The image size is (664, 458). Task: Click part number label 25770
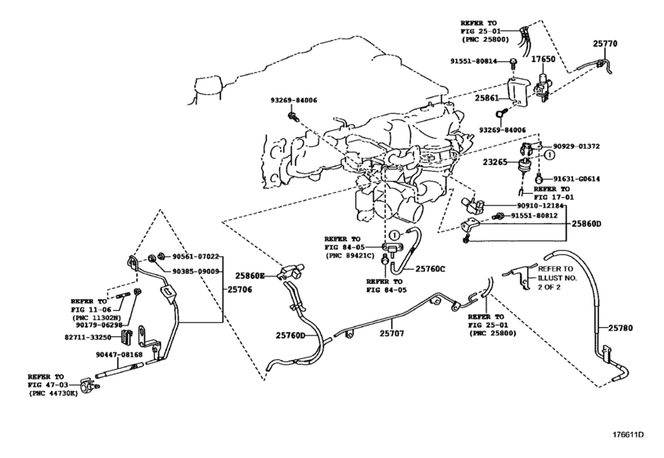coord(605,43)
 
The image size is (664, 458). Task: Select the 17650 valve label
coord(543,59)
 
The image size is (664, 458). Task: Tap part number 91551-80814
coord(473,61)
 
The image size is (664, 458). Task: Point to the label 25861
coord(486,98)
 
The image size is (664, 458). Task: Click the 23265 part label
coord(495,162)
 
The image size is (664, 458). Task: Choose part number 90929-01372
coord(576,146)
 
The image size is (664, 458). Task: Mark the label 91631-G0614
coord(576,179)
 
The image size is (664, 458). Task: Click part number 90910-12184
coord(540,205)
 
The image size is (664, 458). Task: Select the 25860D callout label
coord(586,223)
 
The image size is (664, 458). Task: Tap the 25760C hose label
coord(430,268)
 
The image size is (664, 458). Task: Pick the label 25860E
coord(250,276)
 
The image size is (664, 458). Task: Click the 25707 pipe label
coord(391,333)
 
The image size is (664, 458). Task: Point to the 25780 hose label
coord(621,328)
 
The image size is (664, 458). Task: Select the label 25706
coord(240,290)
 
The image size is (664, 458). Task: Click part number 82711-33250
coord(88,338)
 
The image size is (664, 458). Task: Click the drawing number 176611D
coord(628,434)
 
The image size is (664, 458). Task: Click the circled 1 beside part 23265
coord(549,155)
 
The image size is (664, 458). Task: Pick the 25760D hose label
coord(291,335)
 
